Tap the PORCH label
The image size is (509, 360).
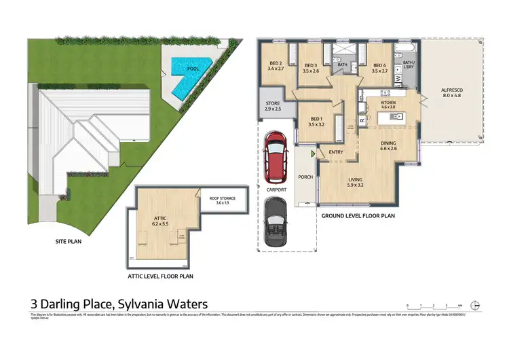tap(305, 177)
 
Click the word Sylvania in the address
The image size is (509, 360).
tap(143, 304)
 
